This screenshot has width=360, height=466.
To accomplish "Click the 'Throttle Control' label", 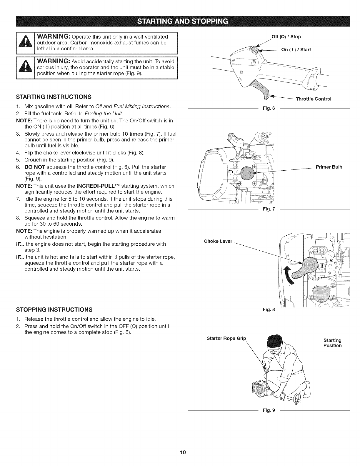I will tap(314, 99).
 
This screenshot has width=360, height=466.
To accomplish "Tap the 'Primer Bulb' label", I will tap(329, 167).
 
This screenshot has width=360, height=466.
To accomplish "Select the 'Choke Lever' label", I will tap(218, 242).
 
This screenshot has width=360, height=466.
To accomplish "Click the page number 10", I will tap(180, 452).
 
